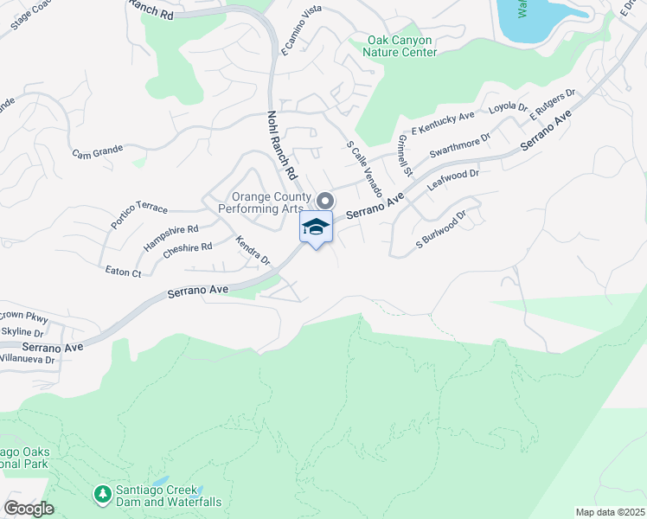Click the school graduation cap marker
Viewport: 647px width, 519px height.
point(316,227)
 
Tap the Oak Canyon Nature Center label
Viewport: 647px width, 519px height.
point(400,46)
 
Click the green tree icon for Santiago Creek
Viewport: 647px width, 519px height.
point(102,494)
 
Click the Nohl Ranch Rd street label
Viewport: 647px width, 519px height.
point(283,144)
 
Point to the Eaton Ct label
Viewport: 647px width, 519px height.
point(123,272)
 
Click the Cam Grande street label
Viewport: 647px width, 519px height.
point(97,153)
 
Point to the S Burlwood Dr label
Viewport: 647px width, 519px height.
point(441,227)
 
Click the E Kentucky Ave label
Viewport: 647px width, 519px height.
point(444,123)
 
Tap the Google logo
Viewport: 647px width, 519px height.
point(29,509)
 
